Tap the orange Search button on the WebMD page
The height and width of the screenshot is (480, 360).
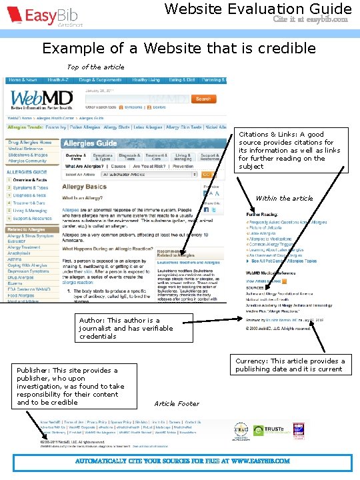[x=203, y=99]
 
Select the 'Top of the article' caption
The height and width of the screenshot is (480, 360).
[x=95, y=67]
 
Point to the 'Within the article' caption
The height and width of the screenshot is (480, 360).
[x=284, y=198]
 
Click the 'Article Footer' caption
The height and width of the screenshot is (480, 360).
[x=177, y=403]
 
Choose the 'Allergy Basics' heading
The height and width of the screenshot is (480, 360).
[x=85, y=187]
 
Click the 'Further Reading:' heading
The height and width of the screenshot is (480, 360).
[x=261, y=215]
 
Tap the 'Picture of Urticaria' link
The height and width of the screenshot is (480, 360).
[x=267, y=227]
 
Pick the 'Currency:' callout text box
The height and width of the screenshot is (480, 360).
[x=290, y=365]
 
